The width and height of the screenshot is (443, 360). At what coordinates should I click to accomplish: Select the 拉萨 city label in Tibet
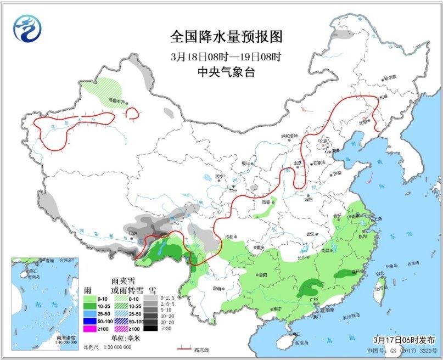[132, 233]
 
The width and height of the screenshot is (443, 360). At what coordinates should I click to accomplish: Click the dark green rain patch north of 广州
[310, 287]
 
